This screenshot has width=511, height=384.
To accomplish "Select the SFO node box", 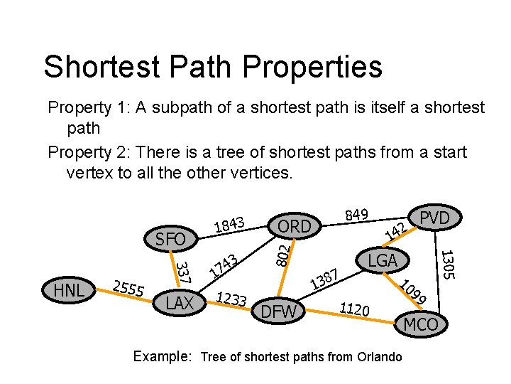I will tap(170, 240).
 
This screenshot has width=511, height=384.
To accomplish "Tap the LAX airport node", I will tap(180, 304).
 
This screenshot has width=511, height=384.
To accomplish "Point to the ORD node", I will tap(295, 226).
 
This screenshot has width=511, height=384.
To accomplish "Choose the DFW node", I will tap(280, 311).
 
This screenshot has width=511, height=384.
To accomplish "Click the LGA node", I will tap(383, 260).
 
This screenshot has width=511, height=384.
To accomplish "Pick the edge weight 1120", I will tap(354, 309).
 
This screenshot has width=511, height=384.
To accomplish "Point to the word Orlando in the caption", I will tap(377, 357).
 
